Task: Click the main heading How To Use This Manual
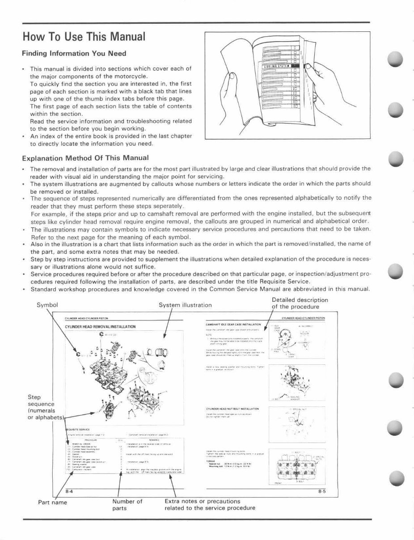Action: tap(84, 36)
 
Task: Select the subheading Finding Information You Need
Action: tap(74, 54)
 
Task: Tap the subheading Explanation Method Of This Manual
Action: tap(85, 158)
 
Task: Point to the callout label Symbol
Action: tap(47, 305)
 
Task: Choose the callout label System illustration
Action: tap(185, 305)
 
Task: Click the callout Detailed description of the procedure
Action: tap(300, 303)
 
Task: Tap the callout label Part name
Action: tap(52, 502)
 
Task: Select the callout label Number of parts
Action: tap(127, 505)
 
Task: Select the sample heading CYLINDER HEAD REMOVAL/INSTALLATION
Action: tap(100, 327)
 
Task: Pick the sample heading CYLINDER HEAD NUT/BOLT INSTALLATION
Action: tap(232, 409)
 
